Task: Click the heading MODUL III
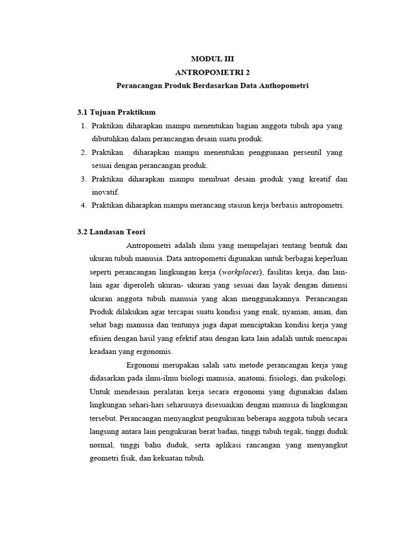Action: [x=211, y=59]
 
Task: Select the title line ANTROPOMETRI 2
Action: [x=211, y=72]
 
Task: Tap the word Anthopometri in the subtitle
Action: [x=285, y=85]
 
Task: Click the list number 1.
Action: [x=84, y=126]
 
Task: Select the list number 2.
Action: [x=84, y=153]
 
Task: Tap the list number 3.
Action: [x=84, y=179]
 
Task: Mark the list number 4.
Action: [x=84, y=206]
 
